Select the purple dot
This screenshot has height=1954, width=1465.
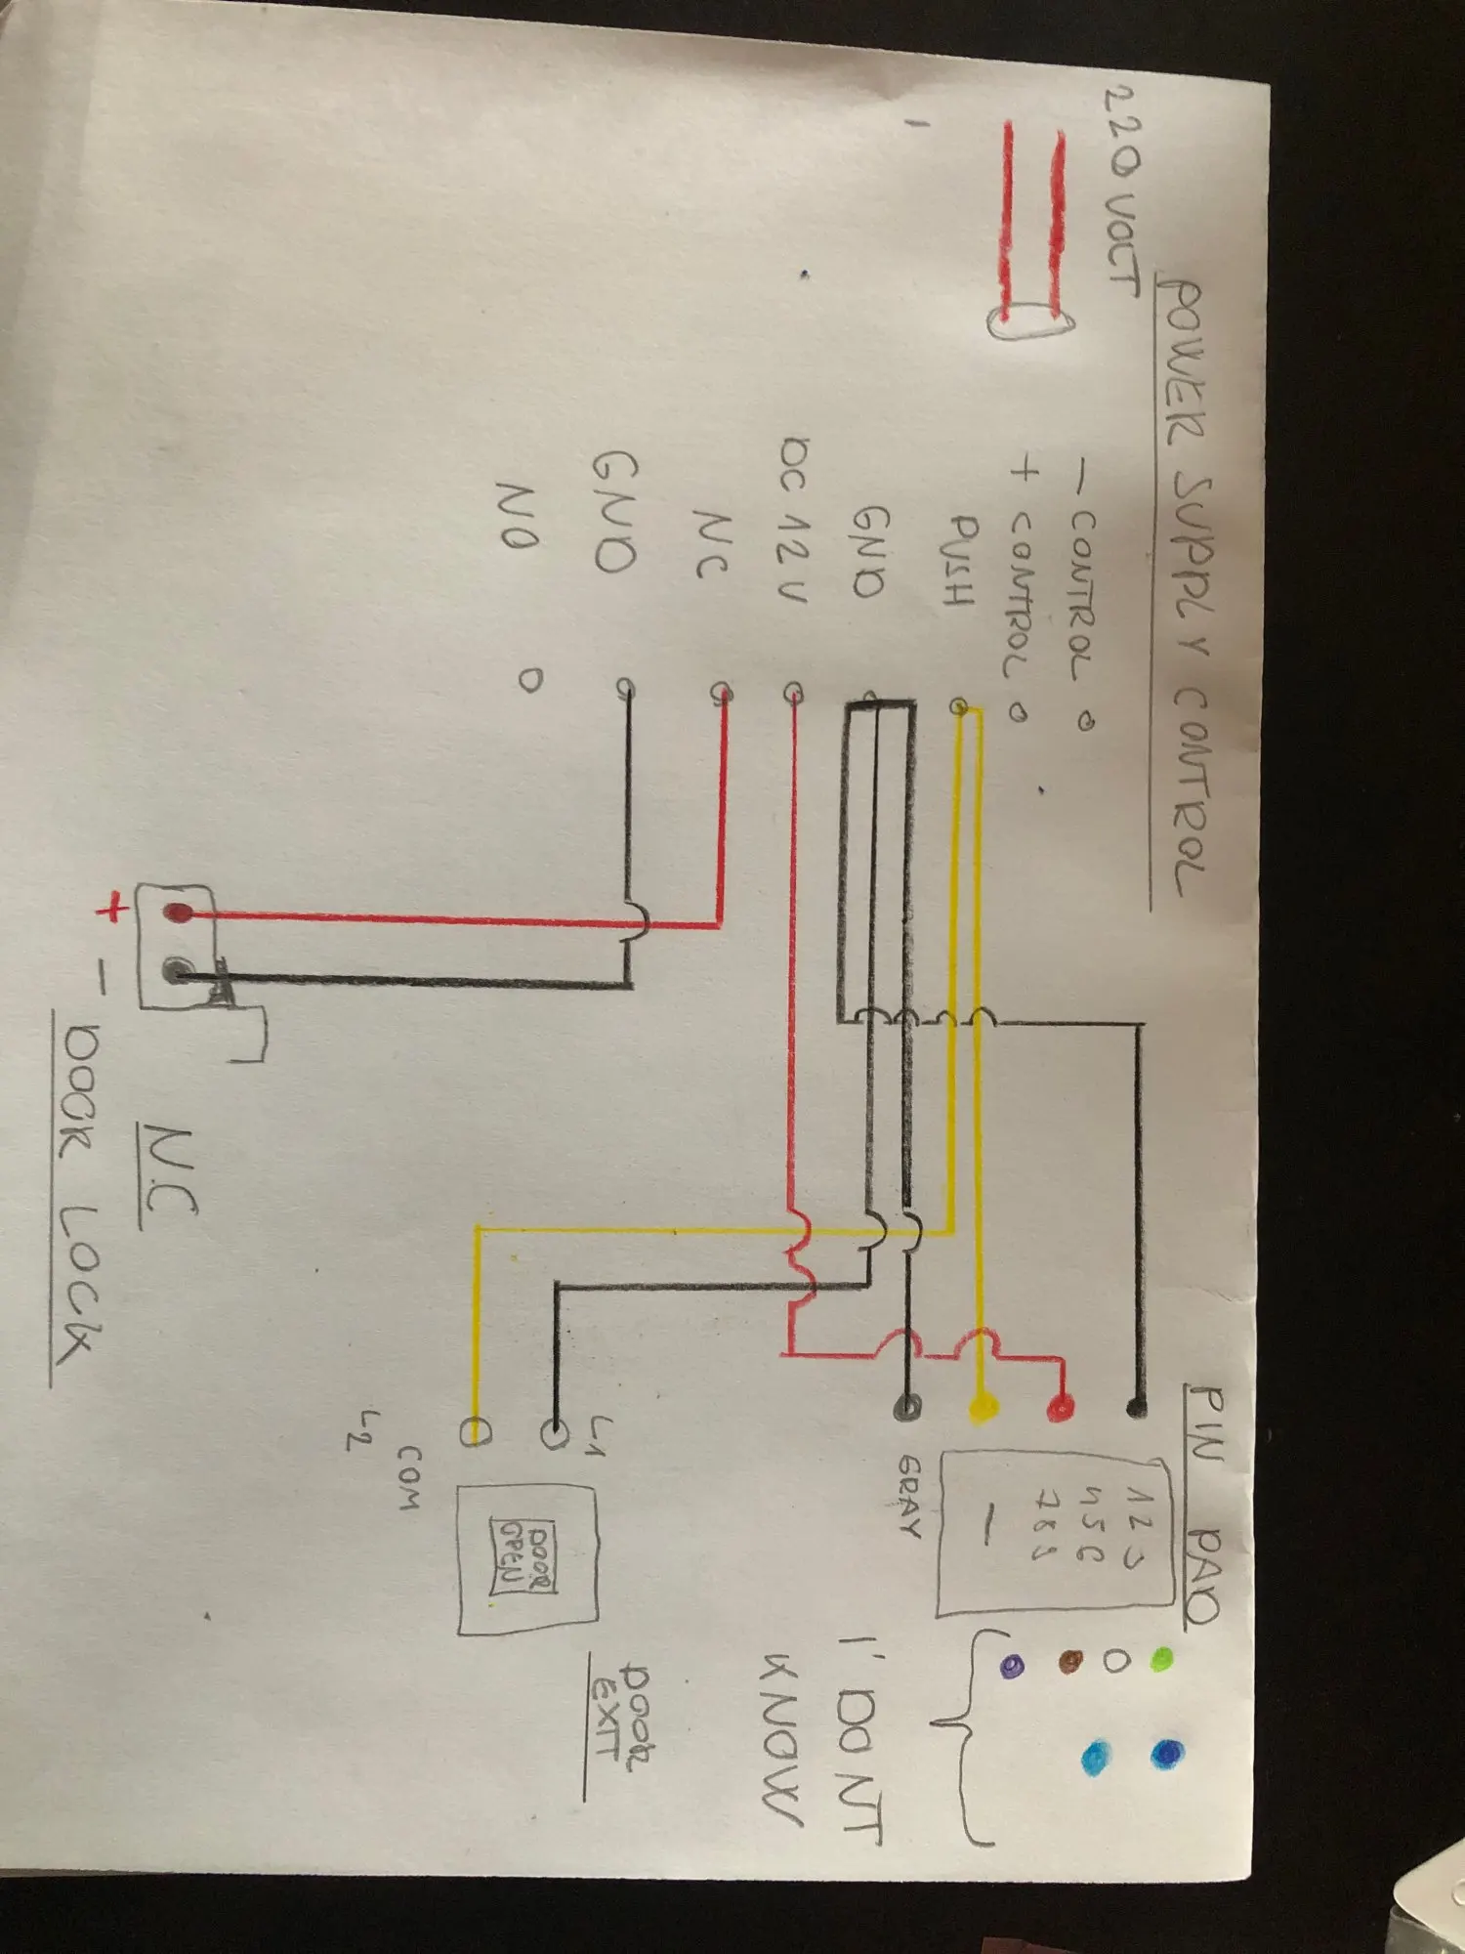click(1012, 1664)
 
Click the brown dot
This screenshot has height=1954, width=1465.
click(1071, 1660)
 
